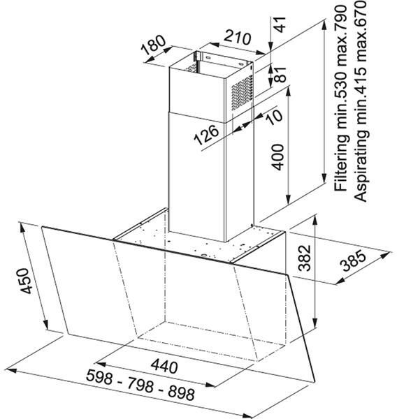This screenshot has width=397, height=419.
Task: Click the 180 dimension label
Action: [x=154, y=45]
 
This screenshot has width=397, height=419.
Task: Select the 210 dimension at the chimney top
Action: [x=237, y=38]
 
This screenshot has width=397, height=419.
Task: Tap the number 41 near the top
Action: [x=280, y=24]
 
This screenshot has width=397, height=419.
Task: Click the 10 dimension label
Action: [x=275, y=117]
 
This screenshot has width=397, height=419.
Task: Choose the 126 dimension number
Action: [x=206, y=135]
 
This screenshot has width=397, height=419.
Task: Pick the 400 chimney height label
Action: [x=277, y=157]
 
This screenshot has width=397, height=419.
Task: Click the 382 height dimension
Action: [x=305, y=258]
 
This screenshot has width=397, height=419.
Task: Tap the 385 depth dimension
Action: [x=354, y=260]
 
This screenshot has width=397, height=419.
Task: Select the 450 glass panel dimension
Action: [x=27, y=281]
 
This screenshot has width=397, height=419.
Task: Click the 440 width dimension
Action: [x=164, y=367]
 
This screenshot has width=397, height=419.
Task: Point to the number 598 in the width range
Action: [x=99, y=376]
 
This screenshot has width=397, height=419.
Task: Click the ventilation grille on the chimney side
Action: [x=242, y=93]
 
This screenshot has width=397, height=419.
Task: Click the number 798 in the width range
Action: [x=140, y=385]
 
